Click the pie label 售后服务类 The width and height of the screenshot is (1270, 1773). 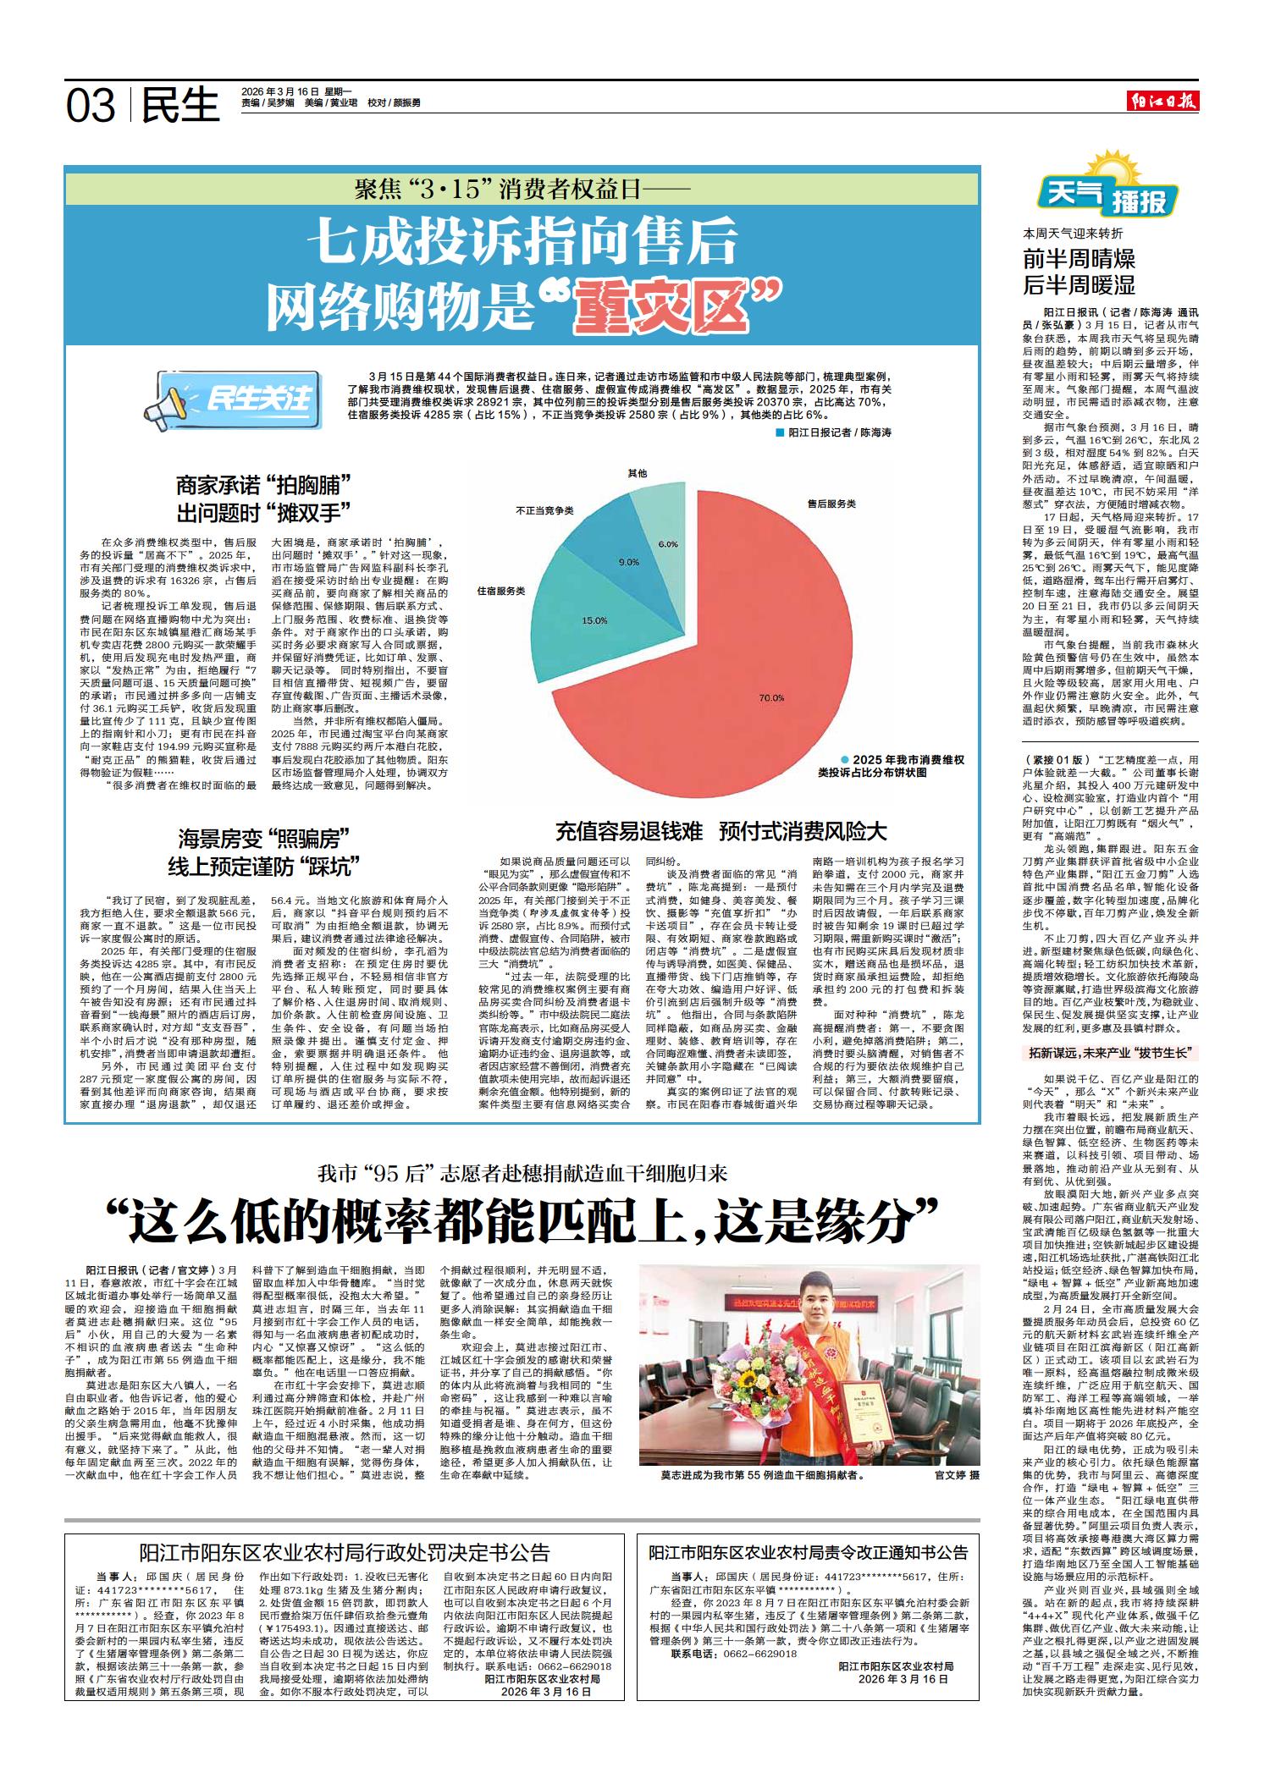831,504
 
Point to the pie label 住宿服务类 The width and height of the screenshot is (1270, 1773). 501,590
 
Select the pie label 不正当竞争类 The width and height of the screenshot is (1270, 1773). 545,510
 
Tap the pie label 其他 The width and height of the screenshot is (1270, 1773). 638,472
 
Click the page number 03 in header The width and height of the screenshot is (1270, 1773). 91,105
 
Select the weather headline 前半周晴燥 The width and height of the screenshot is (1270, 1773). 1079,258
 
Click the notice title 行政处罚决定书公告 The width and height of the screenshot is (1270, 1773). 345,1552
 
